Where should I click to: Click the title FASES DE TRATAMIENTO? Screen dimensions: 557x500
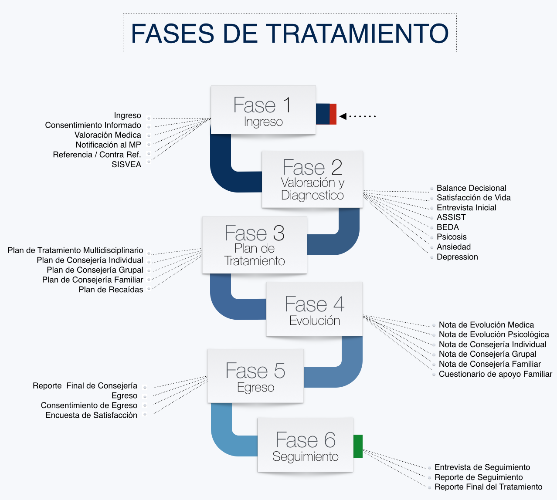pos(290,33)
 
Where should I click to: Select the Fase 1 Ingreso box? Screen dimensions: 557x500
pos(263,110)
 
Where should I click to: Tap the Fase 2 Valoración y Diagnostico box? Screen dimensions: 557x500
pos(312,179)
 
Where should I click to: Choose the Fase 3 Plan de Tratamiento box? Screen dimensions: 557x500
pos(255,245)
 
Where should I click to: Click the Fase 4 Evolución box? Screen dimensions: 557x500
pos(314,309)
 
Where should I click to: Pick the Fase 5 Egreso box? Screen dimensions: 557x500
pos(255,376)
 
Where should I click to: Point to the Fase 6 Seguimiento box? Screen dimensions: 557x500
pos(305,445)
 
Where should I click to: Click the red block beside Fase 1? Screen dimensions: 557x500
pos(333,114)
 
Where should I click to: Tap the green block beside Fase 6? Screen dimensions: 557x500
pos(358,446)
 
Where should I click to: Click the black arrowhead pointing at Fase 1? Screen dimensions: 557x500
pos(343,116)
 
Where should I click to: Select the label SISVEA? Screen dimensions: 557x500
pos(126,165)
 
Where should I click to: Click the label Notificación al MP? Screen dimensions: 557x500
pos(109,145)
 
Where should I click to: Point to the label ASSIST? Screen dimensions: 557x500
pos(451,217)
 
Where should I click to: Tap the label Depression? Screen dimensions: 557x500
pos(457,257)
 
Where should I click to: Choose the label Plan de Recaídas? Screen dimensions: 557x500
pos(111,290)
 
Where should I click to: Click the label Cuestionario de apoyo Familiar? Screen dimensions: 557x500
pos(496,374)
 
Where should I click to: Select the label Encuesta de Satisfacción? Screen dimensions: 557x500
pos(91,415)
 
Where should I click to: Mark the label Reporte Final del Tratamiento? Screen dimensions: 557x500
pos(488,487)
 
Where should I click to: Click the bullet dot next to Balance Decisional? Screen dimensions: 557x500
pos(431,189)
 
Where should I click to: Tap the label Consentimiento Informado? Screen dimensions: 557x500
pos(93,125)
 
